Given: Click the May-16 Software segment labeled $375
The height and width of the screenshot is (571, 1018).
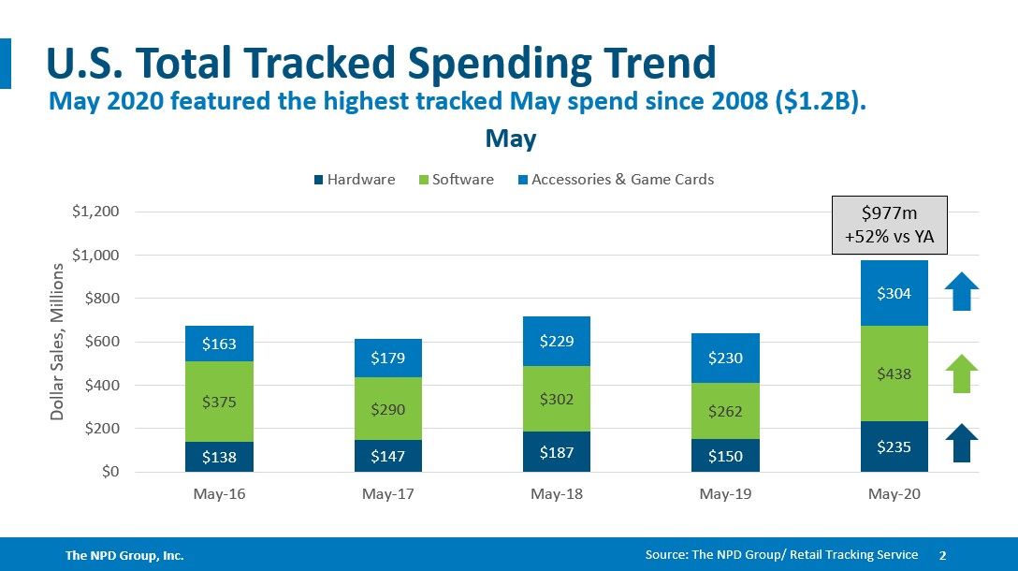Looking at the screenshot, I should click(x=219, y=402).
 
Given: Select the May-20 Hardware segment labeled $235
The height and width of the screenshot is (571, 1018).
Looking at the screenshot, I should click(x=894, y=447).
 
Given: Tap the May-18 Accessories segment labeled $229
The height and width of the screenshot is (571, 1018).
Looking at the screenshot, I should click(x=557, y=342).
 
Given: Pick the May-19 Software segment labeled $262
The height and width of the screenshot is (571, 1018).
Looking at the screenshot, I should click(x=725, y=411).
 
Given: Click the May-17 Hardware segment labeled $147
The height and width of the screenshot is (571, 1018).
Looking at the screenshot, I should click(x=387, y=456).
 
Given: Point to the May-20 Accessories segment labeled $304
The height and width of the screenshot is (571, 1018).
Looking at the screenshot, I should click(x=894, y=293).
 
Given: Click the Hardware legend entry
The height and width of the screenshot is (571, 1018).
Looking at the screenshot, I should click(x=355, y=180).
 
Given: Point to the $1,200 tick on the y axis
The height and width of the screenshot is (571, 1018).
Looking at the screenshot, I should click(x=95, y=212).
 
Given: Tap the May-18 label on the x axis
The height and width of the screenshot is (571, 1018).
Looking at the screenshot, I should click(x=557, y=494).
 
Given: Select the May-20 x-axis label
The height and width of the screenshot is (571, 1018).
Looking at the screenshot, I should click(x=894, y=494).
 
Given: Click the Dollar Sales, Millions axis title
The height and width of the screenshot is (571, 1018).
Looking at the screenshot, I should click(x=58, y=342).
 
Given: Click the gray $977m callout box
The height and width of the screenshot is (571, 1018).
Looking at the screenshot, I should click(x=891, y=226).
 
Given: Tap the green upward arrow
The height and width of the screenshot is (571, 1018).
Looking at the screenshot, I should click(x=961, y=373).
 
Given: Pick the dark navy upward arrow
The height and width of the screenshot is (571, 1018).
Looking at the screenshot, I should click(x=961, y=444).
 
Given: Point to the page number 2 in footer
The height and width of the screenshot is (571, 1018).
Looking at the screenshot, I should click(x=942, y=555).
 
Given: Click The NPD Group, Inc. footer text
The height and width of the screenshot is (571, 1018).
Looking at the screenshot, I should click(x=124, y=556).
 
